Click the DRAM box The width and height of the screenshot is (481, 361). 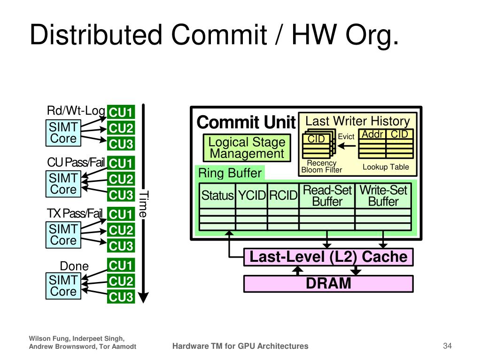coord(328,284)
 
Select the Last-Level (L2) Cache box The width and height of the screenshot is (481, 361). coord(328,257)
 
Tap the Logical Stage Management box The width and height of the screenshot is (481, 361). coord(247,148)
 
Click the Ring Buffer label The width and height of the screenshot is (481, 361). coord(230,173)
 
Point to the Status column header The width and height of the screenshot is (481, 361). coord(217,196)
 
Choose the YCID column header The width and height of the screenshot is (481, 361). coord(252,196)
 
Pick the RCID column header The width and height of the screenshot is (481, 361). coord(283,196)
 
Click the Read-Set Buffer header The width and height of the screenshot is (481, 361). coord(327,196)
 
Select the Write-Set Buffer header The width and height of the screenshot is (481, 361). coord(383,196)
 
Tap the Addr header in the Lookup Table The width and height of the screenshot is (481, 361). coord(373,134)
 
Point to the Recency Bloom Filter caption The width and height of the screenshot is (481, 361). coord(322,166)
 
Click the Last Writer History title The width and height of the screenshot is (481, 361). coord(357,121)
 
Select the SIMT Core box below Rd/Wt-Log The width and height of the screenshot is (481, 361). coord(63,133)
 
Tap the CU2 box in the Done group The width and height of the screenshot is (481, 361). coord(121,282)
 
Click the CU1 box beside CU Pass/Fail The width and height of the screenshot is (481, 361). coord(121,164)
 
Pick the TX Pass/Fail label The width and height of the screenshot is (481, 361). coord(74,214)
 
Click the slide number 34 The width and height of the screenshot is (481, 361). coord(447,346)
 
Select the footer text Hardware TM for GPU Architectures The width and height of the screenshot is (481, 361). coord(240,346)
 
